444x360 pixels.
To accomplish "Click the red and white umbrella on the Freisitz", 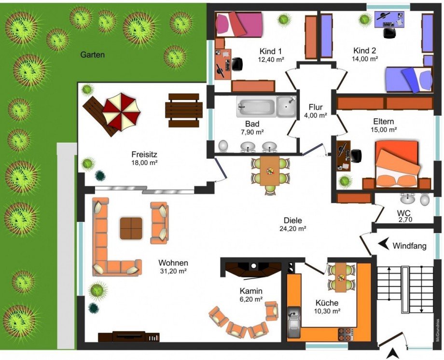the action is (121, 112).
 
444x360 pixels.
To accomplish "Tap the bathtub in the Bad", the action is (256, 107).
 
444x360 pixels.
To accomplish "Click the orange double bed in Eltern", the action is (397, 164).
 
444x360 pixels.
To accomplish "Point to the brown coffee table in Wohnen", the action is (131, 228).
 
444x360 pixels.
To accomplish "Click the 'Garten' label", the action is (93, 55).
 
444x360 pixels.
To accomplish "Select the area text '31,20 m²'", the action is (173, 271).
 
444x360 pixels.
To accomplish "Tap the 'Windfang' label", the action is (409, 246).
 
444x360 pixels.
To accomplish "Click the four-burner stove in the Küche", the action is (346, 334).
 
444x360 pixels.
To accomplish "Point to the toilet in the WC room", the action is (425, 200).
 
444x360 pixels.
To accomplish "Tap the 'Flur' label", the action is (316, 107).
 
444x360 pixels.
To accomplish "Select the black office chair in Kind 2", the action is (389, 32).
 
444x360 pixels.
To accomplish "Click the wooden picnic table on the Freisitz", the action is (184, 110).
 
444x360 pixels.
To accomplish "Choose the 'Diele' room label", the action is (293, 221).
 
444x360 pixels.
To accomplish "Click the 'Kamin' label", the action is (251, 291).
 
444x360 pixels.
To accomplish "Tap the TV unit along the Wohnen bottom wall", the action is (129, 336).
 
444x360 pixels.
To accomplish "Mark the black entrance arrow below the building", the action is (392, 354).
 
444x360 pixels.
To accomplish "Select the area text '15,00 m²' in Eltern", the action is (384, 130).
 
